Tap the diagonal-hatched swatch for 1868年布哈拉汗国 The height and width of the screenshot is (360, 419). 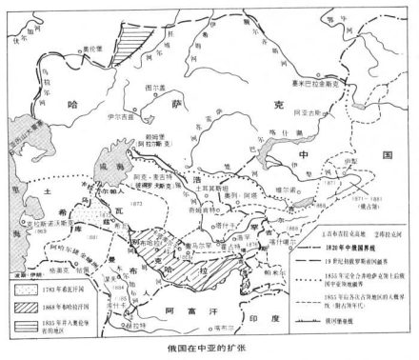(20, 306)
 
